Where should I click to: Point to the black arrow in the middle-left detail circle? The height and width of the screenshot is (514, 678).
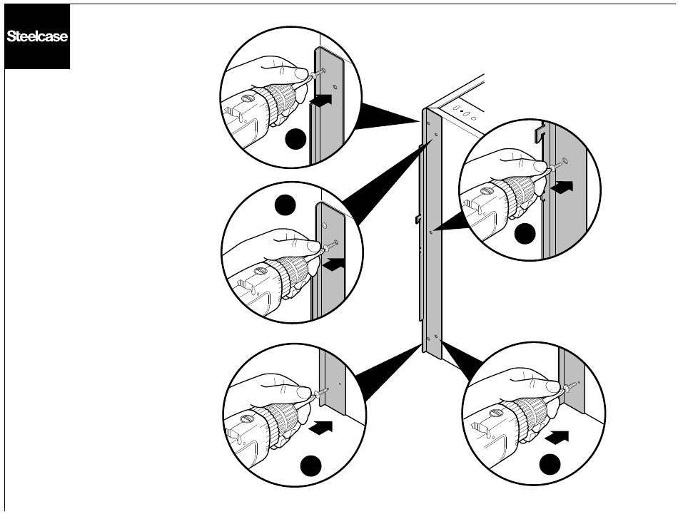tap(332, 264)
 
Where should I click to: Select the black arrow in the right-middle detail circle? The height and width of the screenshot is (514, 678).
tap(562, 187)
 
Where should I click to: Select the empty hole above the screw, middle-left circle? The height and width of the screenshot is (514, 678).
tap(325, 225)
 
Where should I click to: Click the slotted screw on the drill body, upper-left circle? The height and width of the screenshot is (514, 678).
tap(249, 99)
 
